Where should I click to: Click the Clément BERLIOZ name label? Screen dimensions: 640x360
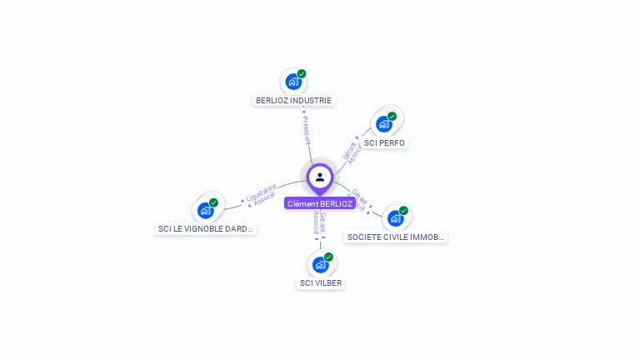[x=320, y=203]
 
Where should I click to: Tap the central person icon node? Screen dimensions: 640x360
[x=320, y=177]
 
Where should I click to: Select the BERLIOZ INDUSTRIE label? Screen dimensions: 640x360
[x=293, y=101]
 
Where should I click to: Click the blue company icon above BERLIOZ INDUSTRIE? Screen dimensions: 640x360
[x=292, y=82]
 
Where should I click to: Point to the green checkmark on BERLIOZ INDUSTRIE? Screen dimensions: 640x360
[x=302, y=73]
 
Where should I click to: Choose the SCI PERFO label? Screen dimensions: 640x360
[x=384, y=142]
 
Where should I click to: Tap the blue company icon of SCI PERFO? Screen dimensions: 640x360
[x=383, y=124]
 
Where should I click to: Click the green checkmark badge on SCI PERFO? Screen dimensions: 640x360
[x=392, y=116]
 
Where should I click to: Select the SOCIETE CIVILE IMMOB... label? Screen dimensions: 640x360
[x=396, y=237]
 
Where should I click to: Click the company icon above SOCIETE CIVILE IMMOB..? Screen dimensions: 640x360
[x=395, y=218]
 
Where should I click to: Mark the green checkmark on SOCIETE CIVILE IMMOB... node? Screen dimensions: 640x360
[x=403, y=210]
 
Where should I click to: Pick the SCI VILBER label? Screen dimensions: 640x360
[x=321, y=282]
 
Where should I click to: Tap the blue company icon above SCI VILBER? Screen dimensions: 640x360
[x=320, y=265]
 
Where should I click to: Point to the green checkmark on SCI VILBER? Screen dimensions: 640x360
[x=328, y=257]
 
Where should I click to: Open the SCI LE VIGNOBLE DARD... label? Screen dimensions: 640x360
[x=206, y=228]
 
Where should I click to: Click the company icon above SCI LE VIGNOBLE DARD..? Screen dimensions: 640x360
[x=205, y=211]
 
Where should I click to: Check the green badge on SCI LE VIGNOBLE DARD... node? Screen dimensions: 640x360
[x=213, y=202]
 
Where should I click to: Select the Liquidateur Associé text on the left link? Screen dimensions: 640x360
[x=262, y=195]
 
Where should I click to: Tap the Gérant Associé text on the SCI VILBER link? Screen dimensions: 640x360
[x=319, y=222]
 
